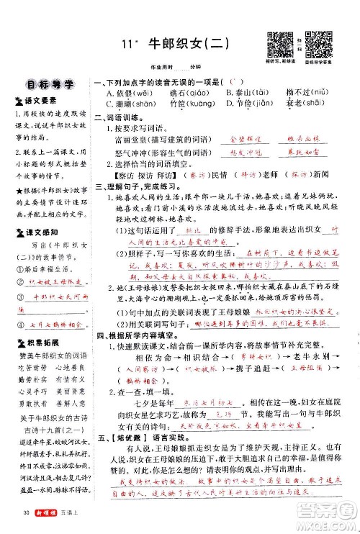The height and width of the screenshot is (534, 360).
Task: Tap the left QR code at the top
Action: (x=275, y=42)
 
